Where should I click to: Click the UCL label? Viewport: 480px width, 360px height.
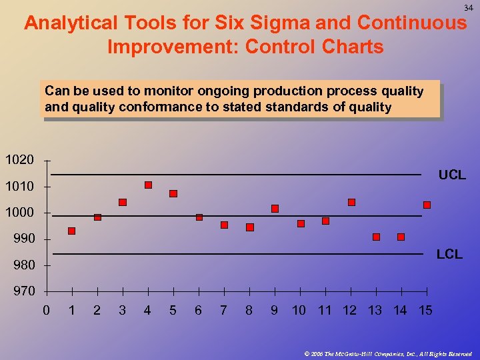(451, 175)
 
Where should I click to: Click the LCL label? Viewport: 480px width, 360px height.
(449, 255)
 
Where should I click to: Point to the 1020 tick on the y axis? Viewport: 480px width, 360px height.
(20, 160)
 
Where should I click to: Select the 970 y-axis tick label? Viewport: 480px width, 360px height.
(20, 291)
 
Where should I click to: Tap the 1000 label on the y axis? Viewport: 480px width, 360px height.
(20, 213)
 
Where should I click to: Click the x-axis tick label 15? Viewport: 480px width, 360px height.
(425, 310)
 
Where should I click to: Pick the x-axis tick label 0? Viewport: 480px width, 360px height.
(46, 310)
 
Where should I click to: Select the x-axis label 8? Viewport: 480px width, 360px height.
(249, 310)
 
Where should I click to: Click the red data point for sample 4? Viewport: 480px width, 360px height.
(148, 185)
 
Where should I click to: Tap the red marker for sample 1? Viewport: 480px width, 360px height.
(71, 231)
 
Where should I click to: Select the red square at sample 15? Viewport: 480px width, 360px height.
(427, 205)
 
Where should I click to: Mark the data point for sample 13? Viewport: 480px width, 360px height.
(376, 237)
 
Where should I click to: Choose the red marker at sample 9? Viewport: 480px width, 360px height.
(275, 209)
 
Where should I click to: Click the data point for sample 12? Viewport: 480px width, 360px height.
(351, 202)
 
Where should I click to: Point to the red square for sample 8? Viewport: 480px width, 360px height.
(250, 227)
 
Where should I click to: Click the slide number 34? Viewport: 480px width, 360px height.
(468, 7)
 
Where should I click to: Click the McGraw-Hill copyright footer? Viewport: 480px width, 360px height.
(387, 353)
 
